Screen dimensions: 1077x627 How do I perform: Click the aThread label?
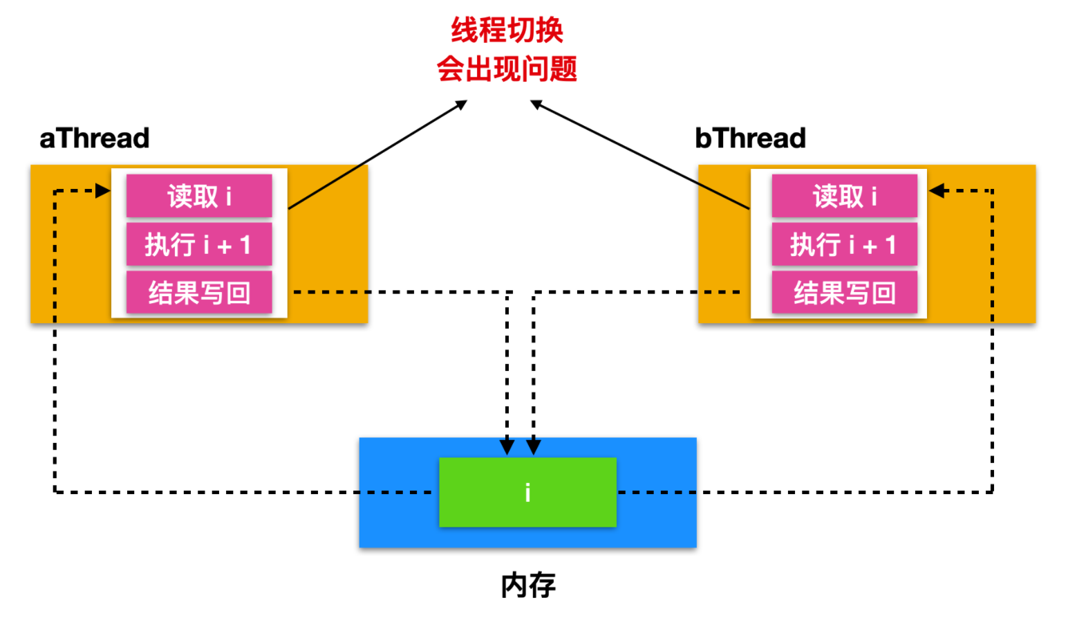(94, 138)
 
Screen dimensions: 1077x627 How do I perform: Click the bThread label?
(750, 138)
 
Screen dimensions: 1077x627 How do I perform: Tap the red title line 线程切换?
(507, 30)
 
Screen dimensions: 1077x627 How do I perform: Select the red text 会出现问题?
(507, 69)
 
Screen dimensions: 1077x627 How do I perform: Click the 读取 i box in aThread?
(199, 196)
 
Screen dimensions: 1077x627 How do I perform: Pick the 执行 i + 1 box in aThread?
(199, 244)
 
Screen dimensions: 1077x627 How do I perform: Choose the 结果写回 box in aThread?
(199, 292)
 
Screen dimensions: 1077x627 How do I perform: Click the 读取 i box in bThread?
(844, 196)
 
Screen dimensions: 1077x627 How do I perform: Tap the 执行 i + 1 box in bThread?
(844, 244)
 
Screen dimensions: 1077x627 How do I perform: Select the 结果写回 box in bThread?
(844, 292)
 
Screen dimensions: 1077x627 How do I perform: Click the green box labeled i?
(527, 492)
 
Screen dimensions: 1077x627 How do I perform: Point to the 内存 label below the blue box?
(528, 585)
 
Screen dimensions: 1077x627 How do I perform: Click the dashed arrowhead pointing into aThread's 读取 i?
(103, 191)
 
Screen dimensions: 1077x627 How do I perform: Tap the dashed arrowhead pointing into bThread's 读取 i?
(937, 191)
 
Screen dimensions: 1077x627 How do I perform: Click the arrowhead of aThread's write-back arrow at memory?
(507, 447)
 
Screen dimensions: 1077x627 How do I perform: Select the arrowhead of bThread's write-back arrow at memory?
(534, 447)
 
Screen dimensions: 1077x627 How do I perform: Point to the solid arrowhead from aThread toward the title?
(460, 104)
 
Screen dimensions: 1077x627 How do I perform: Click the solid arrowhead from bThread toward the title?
(536, 104)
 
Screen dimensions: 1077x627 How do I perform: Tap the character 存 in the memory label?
(543, 585)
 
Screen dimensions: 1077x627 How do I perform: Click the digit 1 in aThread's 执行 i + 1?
(245, 245)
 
